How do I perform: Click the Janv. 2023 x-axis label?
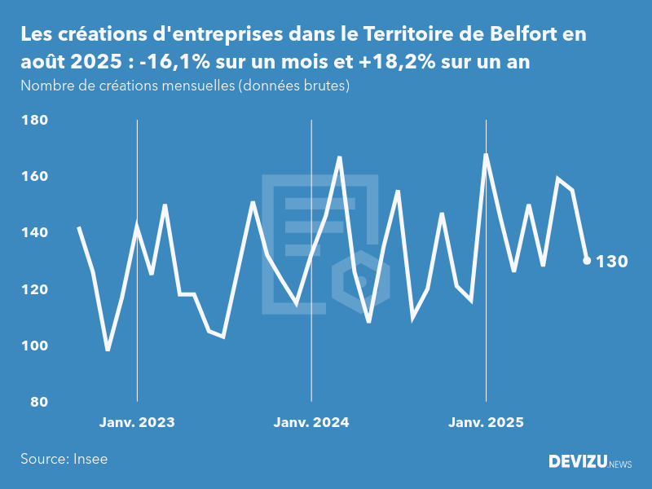tap(137, 423)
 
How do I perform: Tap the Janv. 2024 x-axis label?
tap(311, 423)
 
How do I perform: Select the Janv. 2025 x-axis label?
tap(487, 423)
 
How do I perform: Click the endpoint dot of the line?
tap(587, 261)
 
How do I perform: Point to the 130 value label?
tap(612, 262)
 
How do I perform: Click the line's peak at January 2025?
tap(487, 154)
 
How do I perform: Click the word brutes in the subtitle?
tap(326, 86)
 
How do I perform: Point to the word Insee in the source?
tap(90, 459)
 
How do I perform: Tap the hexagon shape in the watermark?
tap(366, 282)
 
